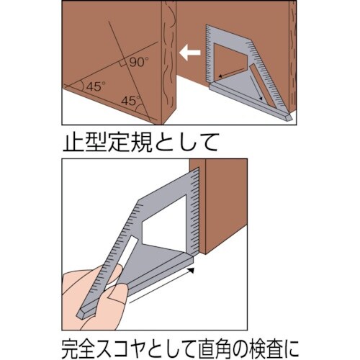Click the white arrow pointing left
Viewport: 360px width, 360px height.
click(x=189, y=53)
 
